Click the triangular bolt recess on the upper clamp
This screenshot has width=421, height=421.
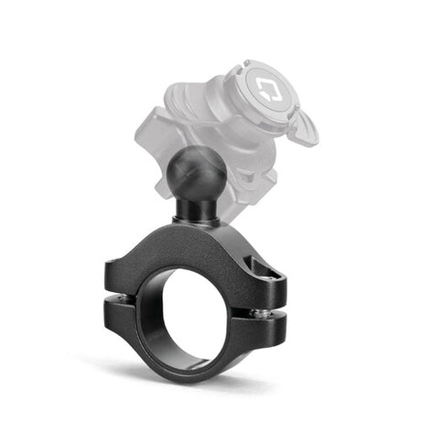(x=263, y=268)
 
